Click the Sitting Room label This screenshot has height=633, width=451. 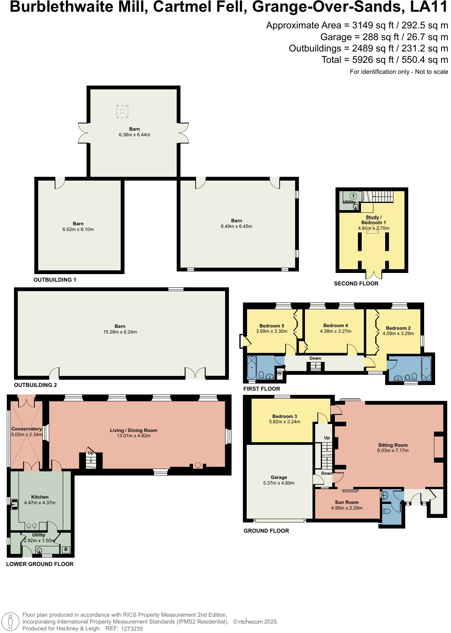click(x=393, y=445)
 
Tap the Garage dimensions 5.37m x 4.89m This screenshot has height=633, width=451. click(x=279, y=483)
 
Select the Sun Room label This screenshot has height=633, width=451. click(x=347, y=502)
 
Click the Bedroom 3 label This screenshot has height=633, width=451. click(x=285, y=416)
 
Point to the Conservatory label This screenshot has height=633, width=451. click(x=26, y=429)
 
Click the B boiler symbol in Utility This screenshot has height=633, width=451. click(x=66, y=549)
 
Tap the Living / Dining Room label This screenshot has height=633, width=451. click(x=134, y=430)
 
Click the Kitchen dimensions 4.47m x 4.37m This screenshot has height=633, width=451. click(x=40, y=503)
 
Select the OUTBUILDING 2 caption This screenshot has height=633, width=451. click(x=36, y=385)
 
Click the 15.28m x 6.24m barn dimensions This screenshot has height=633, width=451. click(x=120, y=332)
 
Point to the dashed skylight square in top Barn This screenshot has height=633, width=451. click(x=122, y=112)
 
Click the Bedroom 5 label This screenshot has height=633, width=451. click(x=272, y=326)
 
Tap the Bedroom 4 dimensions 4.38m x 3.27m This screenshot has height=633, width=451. click(x=336, y=331)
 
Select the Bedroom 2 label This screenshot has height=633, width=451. click(x=398, y=328)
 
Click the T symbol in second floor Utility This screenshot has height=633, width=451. click(x=353, y=196)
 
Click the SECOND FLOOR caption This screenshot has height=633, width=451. click(x=356, y=284)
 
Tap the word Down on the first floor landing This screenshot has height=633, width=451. click(x=315, y=358)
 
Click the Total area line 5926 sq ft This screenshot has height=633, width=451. click(x=384, y=60)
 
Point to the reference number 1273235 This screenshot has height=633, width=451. click(x=132, y=629)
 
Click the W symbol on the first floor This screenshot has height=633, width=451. click(x=280, y=373)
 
